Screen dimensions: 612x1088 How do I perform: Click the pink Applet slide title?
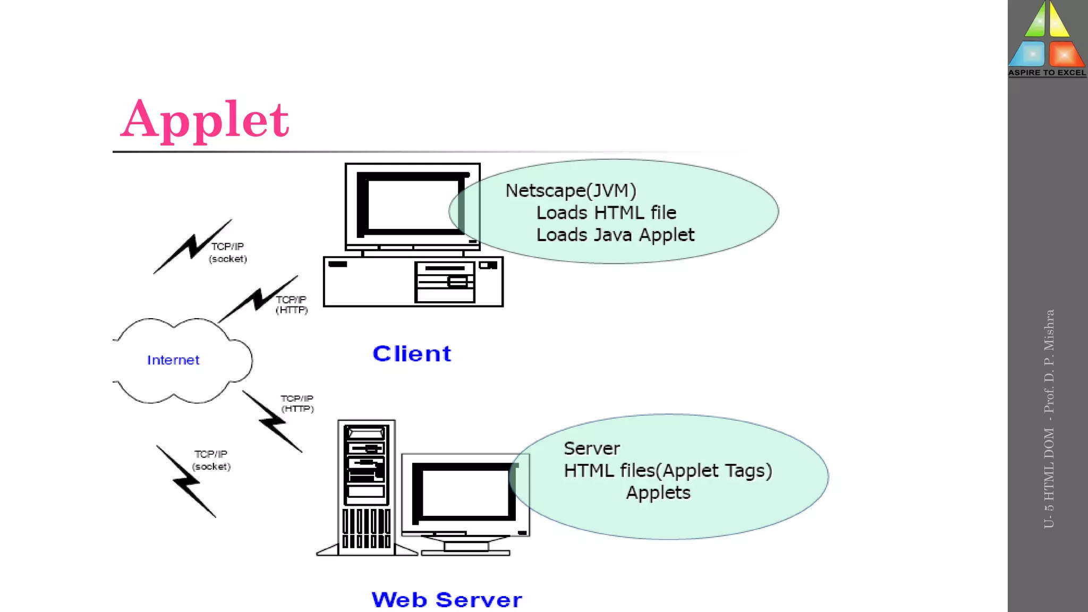click(205, 120)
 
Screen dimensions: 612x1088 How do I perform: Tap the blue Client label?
click(412, 354)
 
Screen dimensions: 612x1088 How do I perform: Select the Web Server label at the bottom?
click(446, 600)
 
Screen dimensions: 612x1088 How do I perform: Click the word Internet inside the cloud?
click(173, 360)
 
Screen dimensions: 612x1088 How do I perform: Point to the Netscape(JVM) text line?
click(571, 190)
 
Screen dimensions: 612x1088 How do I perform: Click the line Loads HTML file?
click(606, 212)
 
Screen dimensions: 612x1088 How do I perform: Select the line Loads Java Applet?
click(615, 235)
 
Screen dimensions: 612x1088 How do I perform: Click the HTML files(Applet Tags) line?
click(667, 471)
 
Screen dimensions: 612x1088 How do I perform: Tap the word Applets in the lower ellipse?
click(658, 493)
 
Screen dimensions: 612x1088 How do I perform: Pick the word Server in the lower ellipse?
click(591, 448)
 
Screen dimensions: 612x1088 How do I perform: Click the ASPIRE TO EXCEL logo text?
click(1047, 73)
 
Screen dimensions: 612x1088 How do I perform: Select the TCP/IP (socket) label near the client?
click(227, 252)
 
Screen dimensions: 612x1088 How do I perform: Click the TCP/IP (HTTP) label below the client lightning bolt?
click(291, 305)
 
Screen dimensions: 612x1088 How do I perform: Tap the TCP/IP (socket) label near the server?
click(211, 460)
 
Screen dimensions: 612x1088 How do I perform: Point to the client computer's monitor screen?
click(413, 205)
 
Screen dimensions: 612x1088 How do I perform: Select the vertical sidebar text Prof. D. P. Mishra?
click(1049, 361)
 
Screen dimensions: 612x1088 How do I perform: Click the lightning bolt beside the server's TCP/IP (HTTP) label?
click(273, 422)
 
